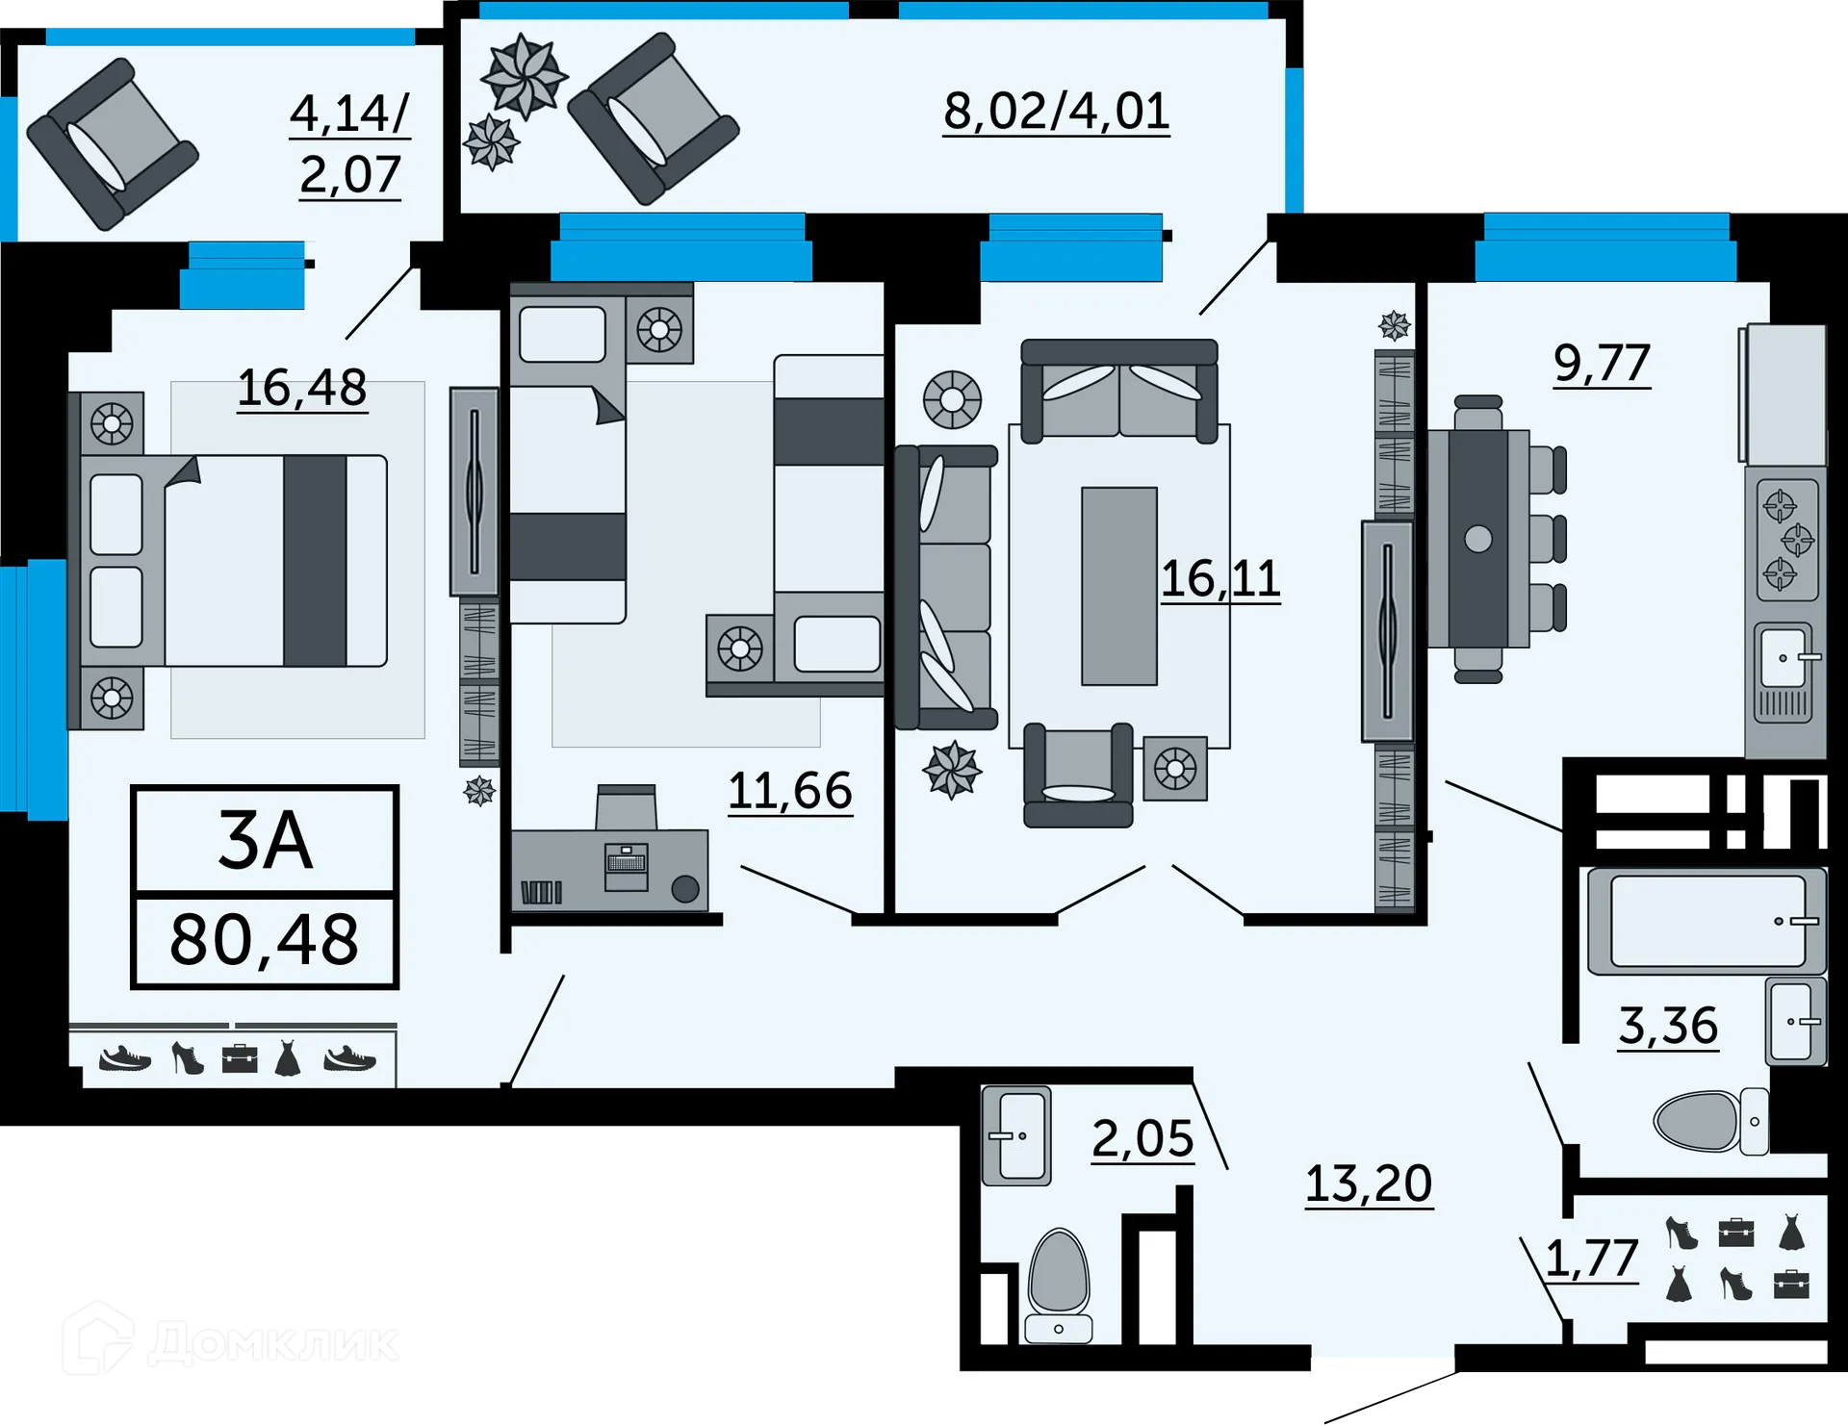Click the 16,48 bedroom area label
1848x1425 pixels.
tap(301, 388)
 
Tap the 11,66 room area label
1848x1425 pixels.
tap(789, 791)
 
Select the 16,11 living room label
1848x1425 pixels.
tap(1219, 578)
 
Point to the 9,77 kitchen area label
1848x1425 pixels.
tap(1602, 364)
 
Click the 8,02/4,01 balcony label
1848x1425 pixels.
tap(1056, 112)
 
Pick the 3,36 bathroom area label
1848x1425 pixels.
tap(1667, 1026)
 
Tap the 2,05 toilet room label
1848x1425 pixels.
tap(1142, 1139)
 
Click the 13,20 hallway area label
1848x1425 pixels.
tap(1368, 1183)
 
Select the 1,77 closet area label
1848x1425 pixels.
tap(1591, 1259)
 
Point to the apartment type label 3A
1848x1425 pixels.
tap(265, 841)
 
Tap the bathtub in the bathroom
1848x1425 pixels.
tap(1706, 921)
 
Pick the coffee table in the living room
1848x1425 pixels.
tap(1118, 586)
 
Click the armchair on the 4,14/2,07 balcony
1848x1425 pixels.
tap(113, 144)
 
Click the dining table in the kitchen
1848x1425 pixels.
tap(1478, 539)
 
